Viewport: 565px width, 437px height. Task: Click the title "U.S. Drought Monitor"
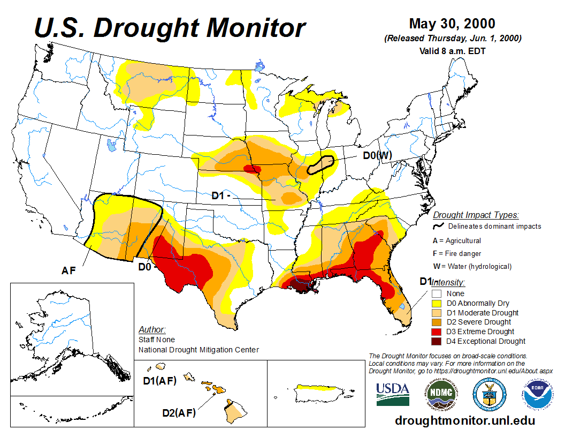170,27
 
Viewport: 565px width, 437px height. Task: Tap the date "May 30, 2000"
452,24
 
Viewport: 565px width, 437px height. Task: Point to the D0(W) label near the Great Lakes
378,156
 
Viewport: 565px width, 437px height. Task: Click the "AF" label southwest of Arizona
68,271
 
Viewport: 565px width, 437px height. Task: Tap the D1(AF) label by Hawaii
159,381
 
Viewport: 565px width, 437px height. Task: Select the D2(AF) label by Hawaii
179,413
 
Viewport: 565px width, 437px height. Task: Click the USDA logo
393,394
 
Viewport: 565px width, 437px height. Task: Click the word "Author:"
152,329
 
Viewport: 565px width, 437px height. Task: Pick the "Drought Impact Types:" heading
476,215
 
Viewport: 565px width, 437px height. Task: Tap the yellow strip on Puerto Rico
320,387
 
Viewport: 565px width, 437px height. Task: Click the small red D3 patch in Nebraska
250,169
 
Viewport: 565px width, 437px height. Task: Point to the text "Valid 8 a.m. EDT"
452,51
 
